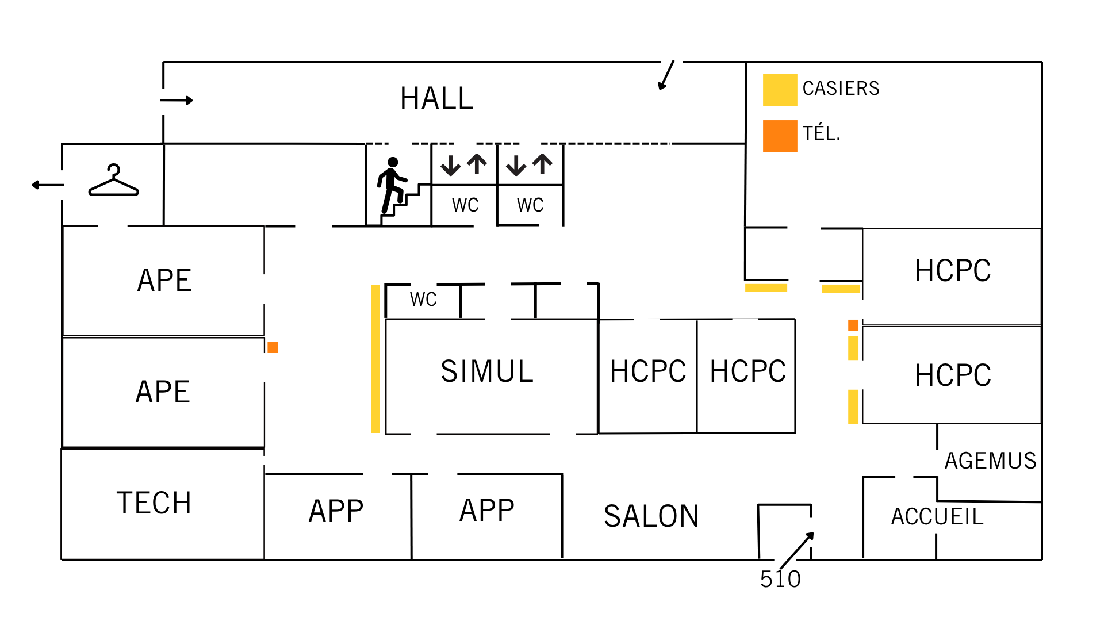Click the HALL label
pyautogui.click(x=436, y=98)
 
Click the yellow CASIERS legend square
pyautogui.click(x=780, y=90)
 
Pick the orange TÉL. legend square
pyautogui.click(x=780, y=136)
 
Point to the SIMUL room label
pyautogui.click(x=487, y=371)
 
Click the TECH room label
pyautogui.click(x=154, y=503)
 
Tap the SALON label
pyautogui.click(x=651, y=516)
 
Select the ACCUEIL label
pyautogui.click(x=937, y=517)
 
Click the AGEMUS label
pyautogui.click(x=990, y=461)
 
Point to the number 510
pyautogui.click(x=780, y=580)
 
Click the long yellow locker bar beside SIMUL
pyautogui.click(x=375, y=359)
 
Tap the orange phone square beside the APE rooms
pyautogui.click(x=273, y=347)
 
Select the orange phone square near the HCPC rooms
pyautogui.click(x=853, y=325)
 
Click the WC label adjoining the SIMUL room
pyautogui.click(x=423, y=300)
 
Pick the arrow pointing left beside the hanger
pyautogui.click(x=48, y=185)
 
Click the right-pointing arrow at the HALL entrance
pyautogui.click(x=177, y=101)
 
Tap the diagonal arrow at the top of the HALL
pyautogui.click(x=666, y=75)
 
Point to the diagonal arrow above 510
pyautogui.click(x=796, y=550)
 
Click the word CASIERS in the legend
pyautogui.click(x=841, y=89)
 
